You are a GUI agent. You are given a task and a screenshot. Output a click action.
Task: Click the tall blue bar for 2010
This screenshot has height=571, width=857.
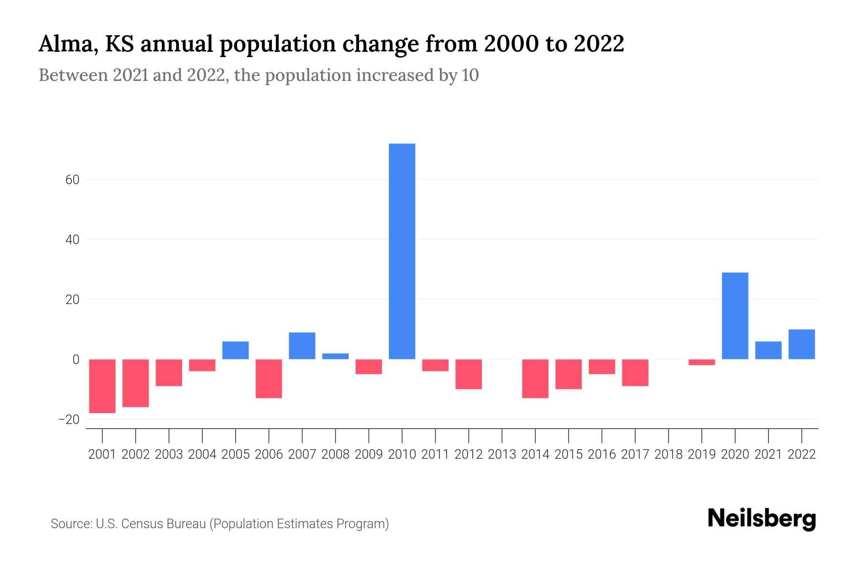pyautogui.click(x=402, y=251)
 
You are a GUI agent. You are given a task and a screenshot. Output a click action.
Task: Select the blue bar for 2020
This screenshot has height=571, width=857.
pyautogui.click(x=735, y=316)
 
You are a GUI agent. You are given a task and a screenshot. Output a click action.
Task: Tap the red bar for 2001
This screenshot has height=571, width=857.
pyautogui.click(x=102, y=386)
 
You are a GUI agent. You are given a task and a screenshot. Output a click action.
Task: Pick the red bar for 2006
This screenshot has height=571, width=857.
pyautogui.click(x=269, y=378)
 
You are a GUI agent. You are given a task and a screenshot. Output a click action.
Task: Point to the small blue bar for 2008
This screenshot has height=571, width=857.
pyautogui.click(x=335, y=356)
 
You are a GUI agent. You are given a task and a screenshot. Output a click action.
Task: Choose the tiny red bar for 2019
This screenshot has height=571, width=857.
pyautogui.click(x=701, y=362)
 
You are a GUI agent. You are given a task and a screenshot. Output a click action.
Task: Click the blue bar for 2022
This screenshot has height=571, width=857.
pyautogui.click(x=801, y=344)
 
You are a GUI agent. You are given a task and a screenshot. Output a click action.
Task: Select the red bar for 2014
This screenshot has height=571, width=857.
pyautogui.click(x=535, y=378)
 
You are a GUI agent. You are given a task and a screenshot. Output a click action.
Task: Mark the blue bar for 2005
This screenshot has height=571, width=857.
pyautogui.click(x=236, y=350)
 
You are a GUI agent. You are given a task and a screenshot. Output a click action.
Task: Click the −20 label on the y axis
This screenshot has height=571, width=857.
pyautogui.click(x=69, y=420)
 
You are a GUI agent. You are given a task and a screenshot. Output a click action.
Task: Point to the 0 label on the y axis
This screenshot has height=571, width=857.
pyautogui.click(x=76, y=360)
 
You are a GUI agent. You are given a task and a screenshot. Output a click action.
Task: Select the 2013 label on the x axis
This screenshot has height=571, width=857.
pyautogui.click(x=502, y=454)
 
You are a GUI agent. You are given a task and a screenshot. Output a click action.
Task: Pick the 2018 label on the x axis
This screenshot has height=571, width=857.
pyautogui.click(x=668, y=454)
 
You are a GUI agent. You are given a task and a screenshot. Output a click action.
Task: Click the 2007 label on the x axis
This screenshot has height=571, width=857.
pyautogui.click(x=302, y=454)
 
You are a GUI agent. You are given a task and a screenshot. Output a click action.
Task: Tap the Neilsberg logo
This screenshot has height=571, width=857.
pyautogui.click(x=761, y=519)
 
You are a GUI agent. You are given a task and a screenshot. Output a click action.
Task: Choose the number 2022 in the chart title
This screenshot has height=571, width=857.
pyautogui.click(x=598, y=44)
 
